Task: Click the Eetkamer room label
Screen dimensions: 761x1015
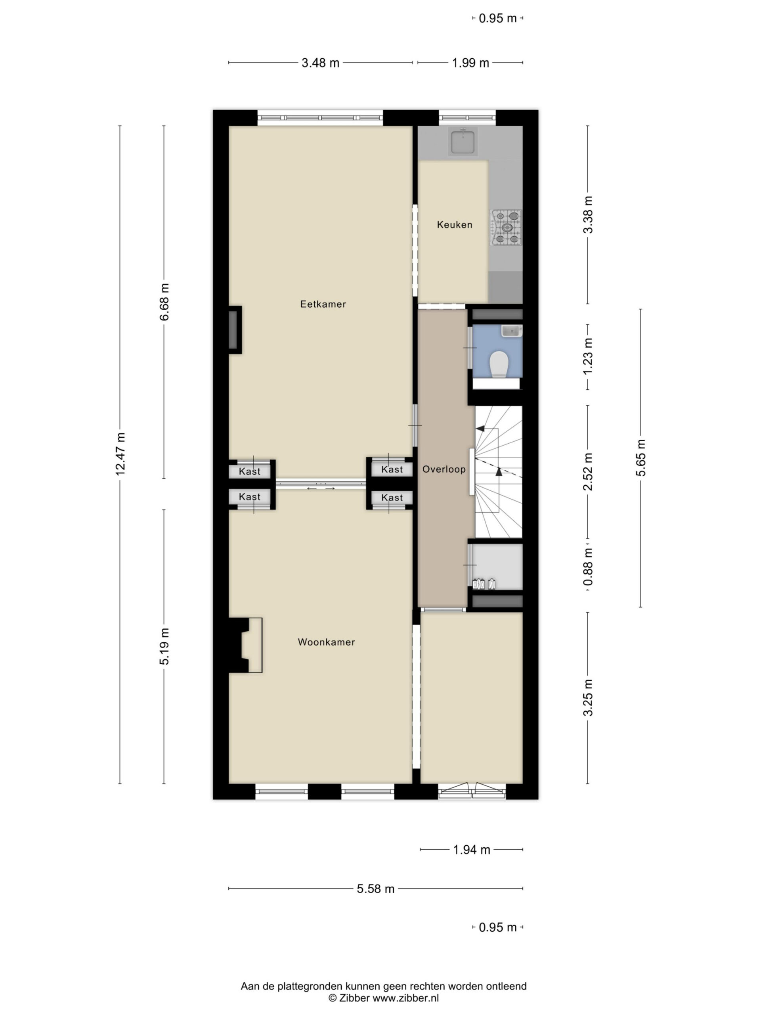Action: click(x=323, y=304)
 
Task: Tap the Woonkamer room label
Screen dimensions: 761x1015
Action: click(x=326, y=642)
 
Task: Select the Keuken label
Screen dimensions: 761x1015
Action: click(x=454, y=224)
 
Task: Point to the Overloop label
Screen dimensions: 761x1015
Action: click(x=444, y=469)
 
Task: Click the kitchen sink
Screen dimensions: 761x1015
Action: click(x=463, y=141)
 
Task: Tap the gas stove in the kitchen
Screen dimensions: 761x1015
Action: click(x=506, y=226)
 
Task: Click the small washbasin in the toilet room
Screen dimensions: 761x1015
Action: click(x=511, y=330)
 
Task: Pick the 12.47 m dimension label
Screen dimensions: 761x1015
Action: click(x=120, y=454)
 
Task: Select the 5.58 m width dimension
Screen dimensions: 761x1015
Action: click(x=376, y=889)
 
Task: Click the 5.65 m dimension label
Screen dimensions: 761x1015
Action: click(x=641, y=458)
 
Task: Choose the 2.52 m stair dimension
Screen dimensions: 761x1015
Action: click(x=588, y=471)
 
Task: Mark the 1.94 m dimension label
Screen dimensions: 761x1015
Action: click(x=472, y=850)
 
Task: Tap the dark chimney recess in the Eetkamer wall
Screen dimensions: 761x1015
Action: click(x=234, y=329)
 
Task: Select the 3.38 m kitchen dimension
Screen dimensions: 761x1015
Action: click(x=588, y=214)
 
